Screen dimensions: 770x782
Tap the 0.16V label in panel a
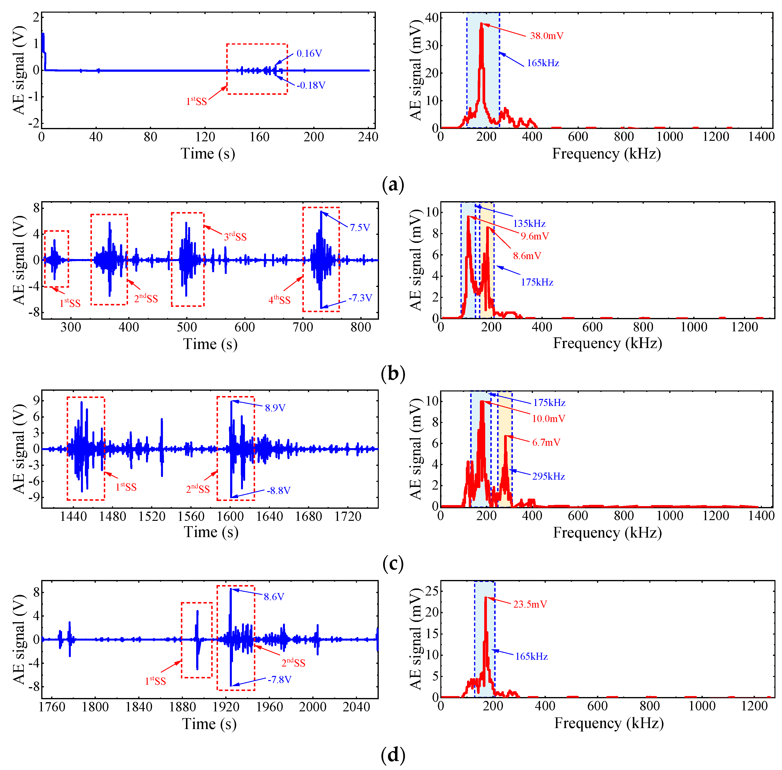309,53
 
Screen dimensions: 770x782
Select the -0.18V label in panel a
310,85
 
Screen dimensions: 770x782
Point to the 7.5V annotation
360,228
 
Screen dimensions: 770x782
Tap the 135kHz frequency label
529,223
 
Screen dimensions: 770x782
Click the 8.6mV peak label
527,256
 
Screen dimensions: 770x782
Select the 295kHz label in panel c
548,476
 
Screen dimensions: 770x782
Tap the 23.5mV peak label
530,604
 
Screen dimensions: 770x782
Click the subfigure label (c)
392,563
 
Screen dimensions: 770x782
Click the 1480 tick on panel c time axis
113,516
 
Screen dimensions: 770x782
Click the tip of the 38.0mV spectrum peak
481,24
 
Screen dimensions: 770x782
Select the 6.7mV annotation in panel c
546,442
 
